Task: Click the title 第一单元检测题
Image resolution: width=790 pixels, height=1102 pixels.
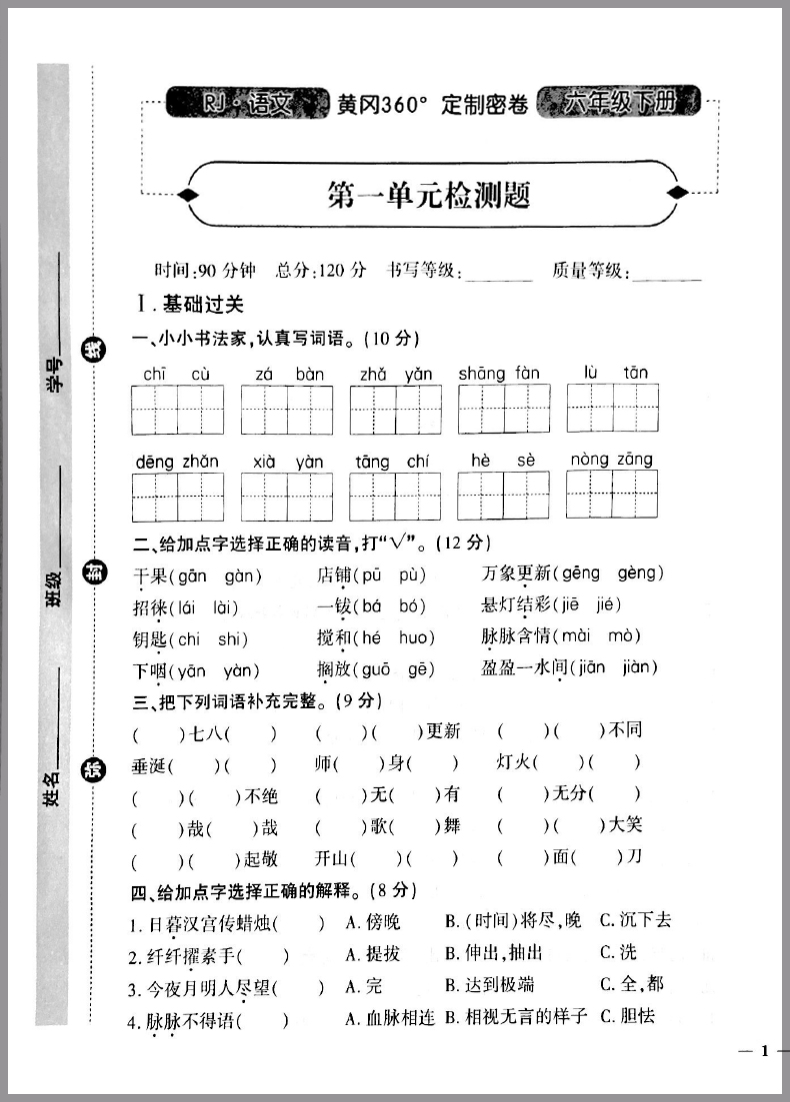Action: pos(428,195)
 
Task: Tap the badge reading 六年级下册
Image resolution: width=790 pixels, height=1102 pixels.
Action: pos(619,102)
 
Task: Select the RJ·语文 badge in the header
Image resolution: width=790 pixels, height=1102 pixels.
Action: pos(246,103)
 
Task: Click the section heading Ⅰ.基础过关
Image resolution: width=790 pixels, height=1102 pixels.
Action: pos(191,304)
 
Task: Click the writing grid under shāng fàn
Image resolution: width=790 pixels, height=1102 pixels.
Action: pos(504,409)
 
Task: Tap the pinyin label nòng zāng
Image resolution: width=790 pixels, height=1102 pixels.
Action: pos(612,460)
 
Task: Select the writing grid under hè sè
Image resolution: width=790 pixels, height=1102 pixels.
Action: pos(503,497)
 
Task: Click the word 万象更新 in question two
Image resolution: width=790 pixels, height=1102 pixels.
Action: pos(516,573)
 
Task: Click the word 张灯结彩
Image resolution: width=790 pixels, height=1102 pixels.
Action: pos(516,605)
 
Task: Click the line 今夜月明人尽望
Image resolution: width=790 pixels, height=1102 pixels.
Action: pos(207,988)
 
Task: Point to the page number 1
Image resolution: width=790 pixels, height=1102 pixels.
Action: pos(764,1050)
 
